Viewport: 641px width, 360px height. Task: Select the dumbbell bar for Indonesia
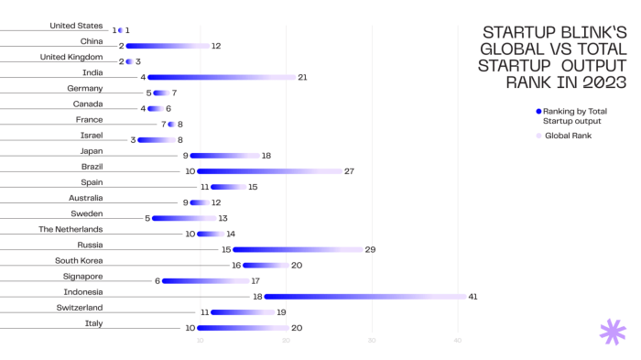[x=364, y=297]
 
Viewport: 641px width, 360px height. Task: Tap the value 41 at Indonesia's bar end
[x=473, y=297]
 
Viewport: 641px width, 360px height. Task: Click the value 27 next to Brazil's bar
[x=349, y=171]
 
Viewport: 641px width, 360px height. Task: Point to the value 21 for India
[x=302, y=77]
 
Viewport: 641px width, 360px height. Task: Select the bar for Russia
[x=298, y=249]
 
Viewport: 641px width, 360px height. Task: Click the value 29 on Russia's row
[x=370, y=249]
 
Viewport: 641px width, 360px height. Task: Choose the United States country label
[x=76, y=26]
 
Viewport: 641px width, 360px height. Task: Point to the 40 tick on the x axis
[x=458, y=342]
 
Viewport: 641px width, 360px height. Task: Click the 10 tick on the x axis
[x=200, y=342]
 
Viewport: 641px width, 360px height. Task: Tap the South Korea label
[x=80, y=260]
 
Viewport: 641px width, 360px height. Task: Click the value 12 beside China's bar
[x=216, y=46]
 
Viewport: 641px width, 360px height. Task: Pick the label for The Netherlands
[x=71, y=229]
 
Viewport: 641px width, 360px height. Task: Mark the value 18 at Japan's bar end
[x=266, y=156]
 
